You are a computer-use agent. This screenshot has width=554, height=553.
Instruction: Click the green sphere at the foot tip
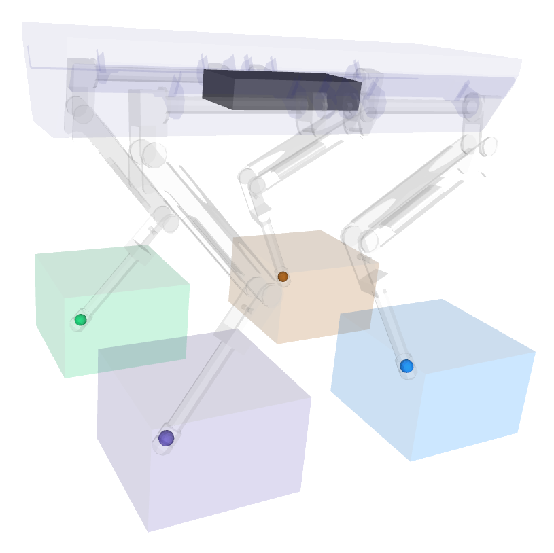point(80,319)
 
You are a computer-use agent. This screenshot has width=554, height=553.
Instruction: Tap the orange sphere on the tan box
point(283,276)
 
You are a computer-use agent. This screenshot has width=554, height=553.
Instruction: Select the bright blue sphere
point(406,366)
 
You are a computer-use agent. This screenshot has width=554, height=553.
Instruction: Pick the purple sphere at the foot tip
point(166,438)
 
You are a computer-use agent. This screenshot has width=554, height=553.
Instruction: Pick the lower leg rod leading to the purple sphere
point(204,374)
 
